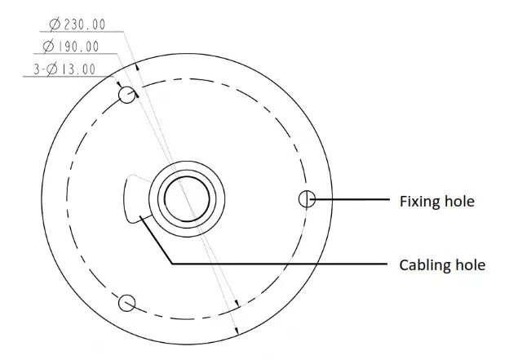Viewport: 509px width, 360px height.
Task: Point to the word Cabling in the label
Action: pyautogui.click(x=423, y=264)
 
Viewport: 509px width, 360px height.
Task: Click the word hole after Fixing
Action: pyautogui.click(x=459, y=200)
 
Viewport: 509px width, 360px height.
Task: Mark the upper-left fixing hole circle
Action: pyautogui.click(x=127, y=96)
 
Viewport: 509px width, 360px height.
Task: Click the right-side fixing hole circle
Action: pyautogui.click(x=307, y=198)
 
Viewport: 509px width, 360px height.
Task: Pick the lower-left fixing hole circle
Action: pyautogui.click(x=126, y=304)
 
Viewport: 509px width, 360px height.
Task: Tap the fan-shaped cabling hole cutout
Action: pyautogui.click(x=134, y=200)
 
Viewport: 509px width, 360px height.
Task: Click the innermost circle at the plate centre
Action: pyautogui.click(x=187, y=198)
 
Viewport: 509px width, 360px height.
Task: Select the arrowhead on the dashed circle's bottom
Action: pyautogui.click(x=234, y=304)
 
